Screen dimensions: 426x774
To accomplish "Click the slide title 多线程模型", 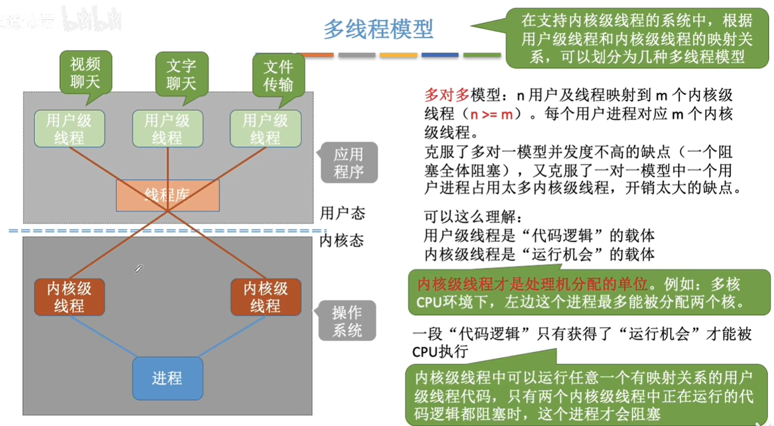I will coord(378,29).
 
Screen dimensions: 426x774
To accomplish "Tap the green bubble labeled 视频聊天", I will coord(86,74).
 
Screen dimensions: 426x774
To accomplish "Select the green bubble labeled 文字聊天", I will coord(181,75).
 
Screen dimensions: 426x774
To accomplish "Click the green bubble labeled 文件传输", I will coord(278,75).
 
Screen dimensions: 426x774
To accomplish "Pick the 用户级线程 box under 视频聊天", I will coord(69,129).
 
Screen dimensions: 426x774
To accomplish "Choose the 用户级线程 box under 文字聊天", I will coord(167,129).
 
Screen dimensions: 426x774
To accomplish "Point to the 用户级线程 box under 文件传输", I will coord(265,129).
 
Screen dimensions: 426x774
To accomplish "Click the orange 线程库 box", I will coord(167,195).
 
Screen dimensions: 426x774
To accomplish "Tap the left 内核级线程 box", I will coord(69,297).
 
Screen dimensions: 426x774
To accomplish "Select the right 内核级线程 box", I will coord(266,297).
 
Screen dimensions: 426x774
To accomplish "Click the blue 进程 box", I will coord(167,378).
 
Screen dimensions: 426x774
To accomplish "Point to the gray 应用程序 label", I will coord(348,163).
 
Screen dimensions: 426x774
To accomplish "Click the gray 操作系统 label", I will coord(347,321).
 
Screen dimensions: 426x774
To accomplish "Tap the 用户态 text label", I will coord(342,213).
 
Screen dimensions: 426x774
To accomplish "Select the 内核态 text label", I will coord(342,240).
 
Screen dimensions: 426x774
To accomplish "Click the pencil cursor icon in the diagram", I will coord(139,268).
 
